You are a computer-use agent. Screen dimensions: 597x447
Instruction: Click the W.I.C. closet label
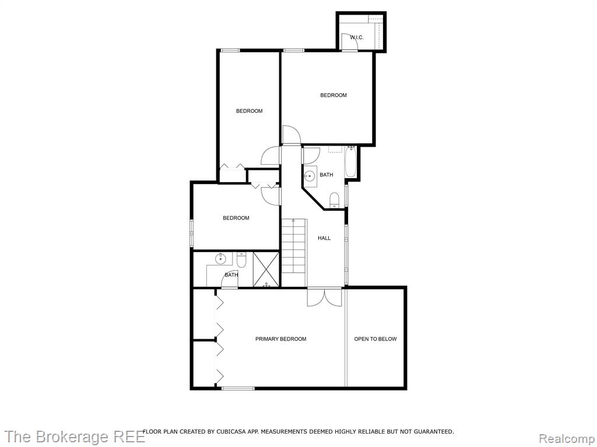357,38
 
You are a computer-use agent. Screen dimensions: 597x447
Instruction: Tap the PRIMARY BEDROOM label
280,339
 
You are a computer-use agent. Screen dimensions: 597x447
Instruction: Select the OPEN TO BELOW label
375,339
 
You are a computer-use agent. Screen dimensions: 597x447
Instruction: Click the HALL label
324,238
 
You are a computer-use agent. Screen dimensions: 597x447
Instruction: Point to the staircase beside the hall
294,246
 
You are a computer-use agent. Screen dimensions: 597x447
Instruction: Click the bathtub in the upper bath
350,162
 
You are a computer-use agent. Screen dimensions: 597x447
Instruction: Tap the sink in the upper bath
310,176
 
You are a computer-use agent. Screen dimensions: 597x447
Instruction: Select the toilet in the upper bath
334,200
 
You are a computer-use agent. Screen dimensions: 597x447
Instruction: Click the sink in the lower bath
220,259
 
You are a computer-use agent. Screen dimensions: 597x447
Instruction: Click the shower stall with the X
266,269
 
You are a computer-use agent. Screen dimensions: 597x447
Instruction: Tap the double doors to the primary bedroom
324,297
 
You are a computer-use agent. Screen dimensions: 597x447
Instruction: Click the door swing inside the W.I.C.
350,41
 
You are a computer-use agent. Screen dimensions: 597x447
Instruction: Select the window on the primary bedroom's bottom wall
238,388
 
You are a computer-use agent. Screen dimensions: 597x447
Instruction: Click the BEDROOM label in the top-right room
333,95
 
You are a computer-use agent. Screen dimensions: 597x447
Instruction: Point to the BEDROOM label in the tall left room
250,111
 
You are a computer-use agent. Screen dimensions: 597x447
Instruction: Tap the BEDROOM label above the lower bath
236,218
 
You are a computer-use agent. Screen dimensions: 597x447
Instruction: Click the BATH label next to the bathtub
326,175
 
